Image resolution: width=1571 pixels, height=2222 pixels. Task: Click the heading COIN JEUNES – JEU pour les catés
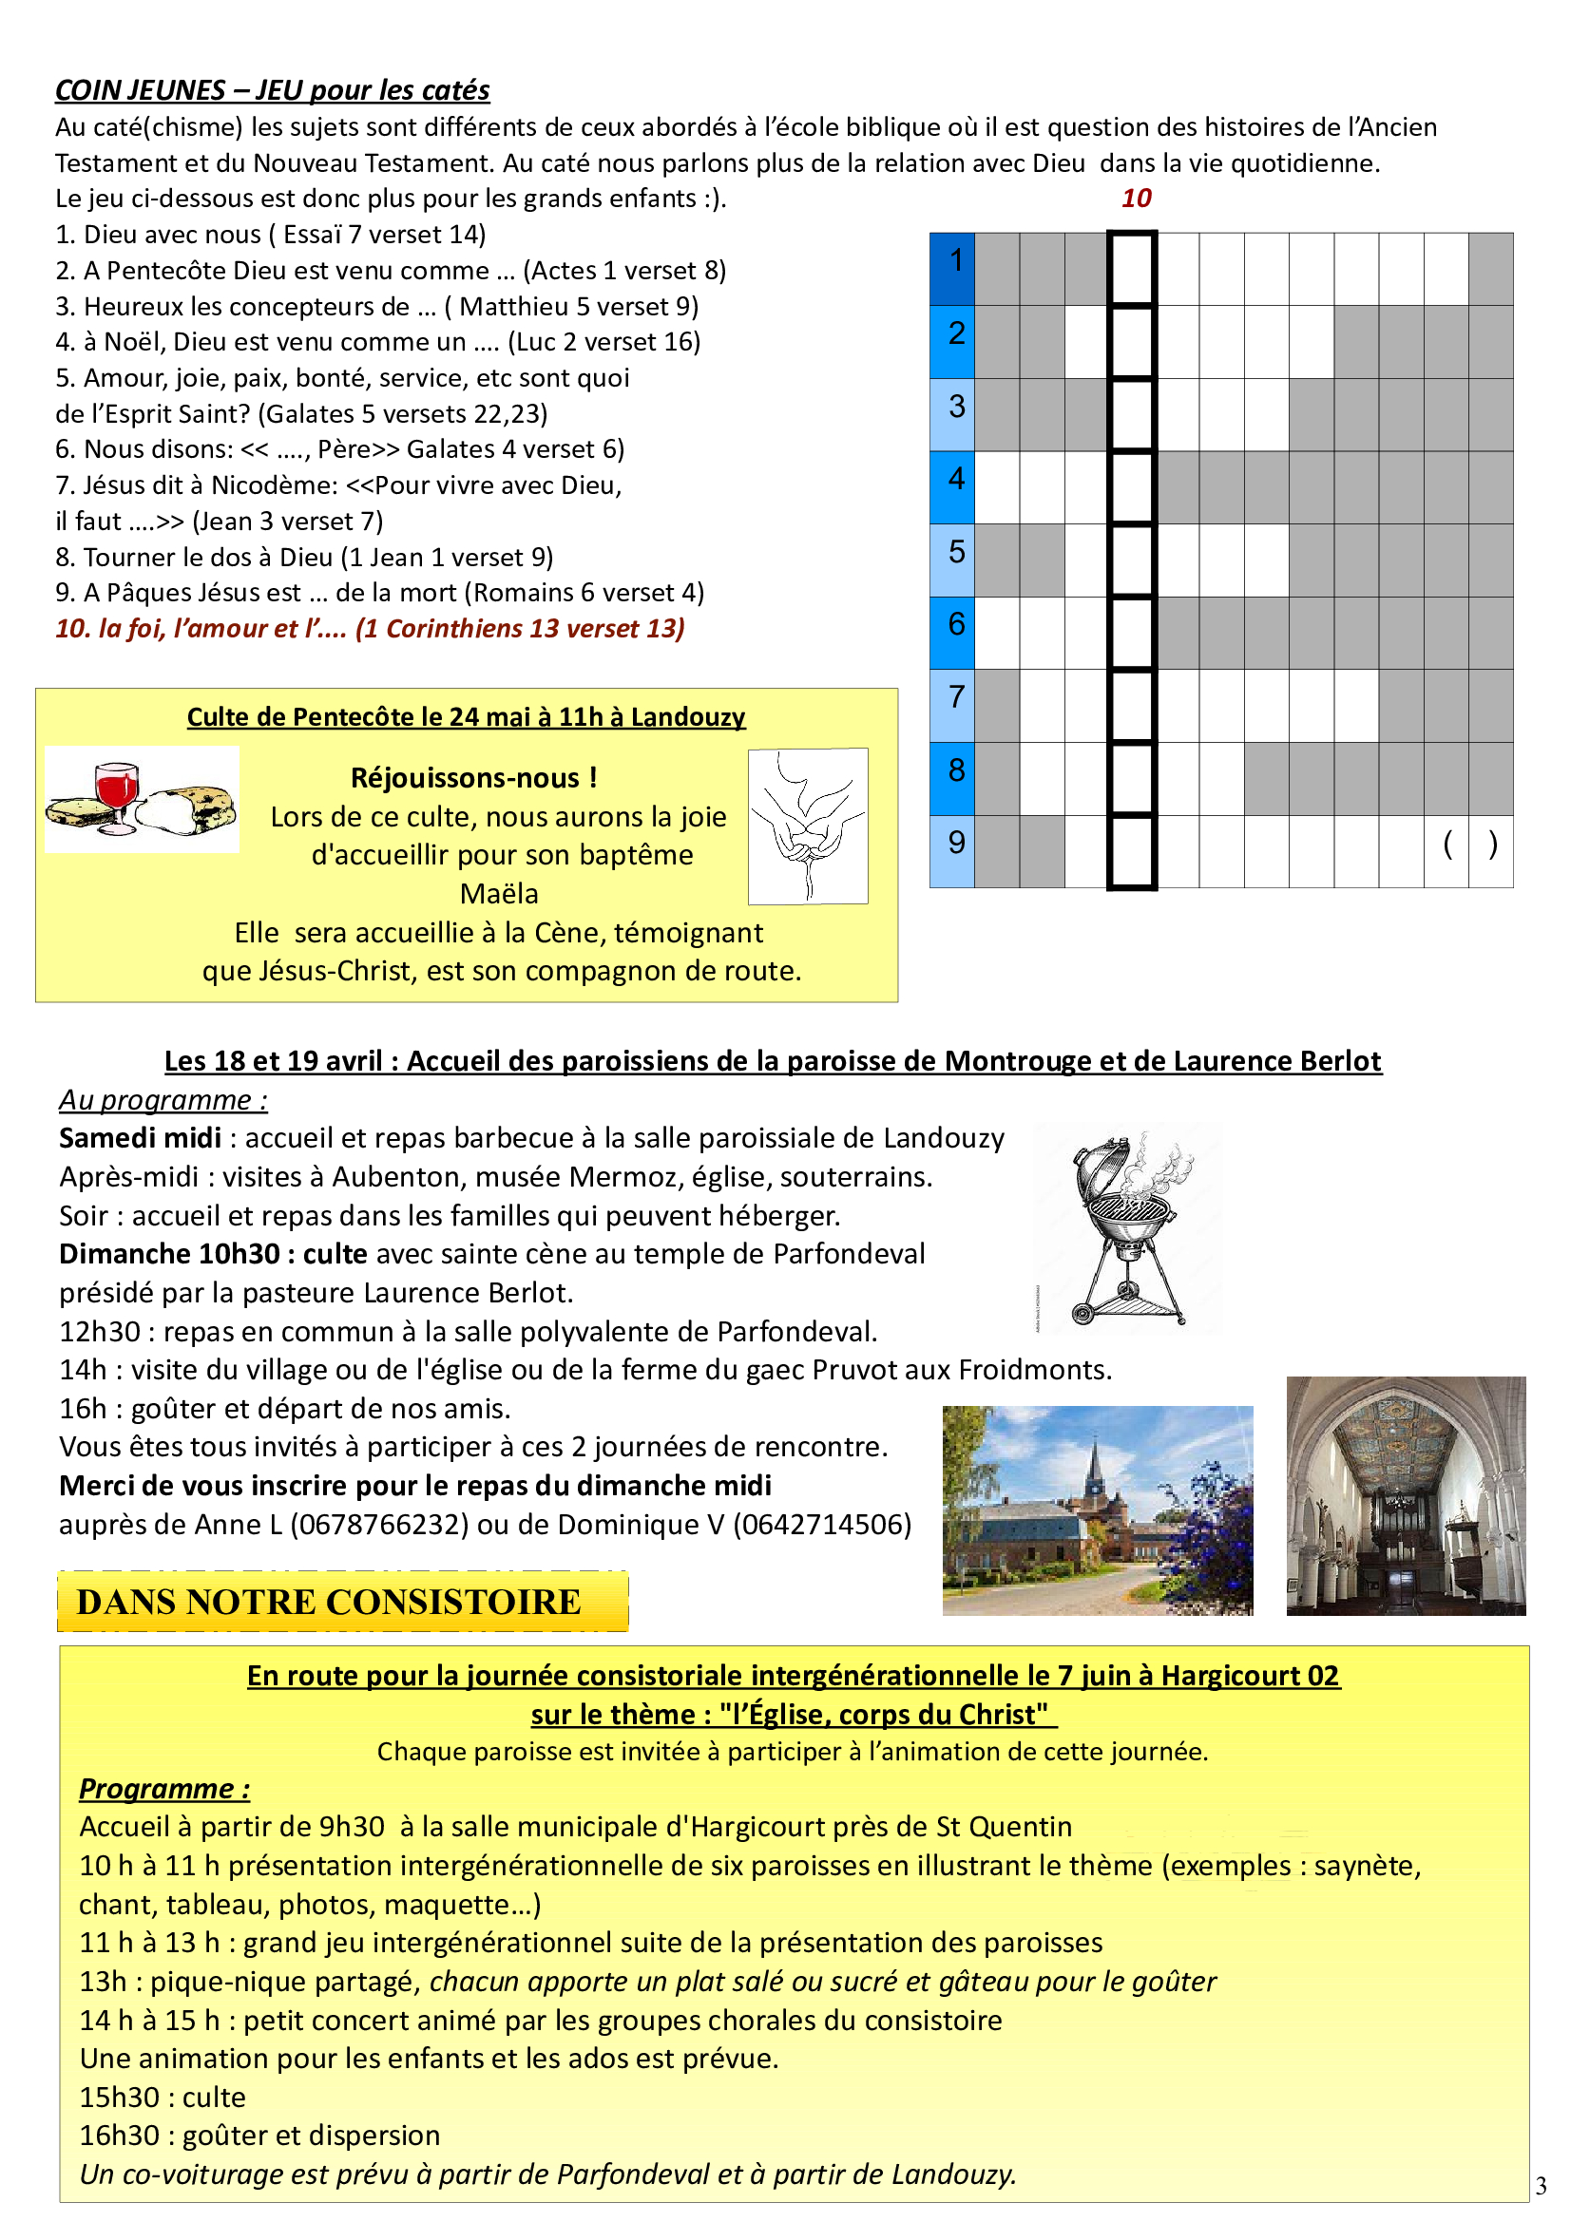[272, 90]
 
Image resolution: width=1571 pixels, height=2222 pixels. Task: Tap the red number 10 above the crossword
[1136, 199]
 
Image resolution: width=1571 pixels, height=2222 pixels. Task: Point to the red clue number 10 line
[370, 629]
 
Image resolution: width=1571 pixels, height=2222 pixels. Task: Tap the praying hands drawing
[807, 826]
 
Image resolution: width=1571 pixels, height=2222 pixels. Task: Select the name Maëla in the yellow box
[499, 893]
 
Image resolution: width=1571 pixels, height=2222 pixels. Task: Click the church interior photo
[1405, 1496]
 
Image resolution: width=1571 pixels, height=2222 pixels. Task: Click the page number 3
[1541, 2185]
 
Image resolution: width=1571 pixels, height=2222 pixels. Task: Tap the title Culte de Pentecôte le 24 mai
[466, 717]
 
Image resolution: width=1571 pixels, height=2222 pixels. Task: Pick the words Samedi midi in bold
[141, 1138]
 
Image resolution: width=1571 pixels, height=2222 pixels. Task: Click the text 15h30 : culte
[163, 2098]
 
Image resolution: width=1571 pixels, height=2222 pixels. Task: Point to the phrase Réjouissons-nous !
[473, 778]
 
